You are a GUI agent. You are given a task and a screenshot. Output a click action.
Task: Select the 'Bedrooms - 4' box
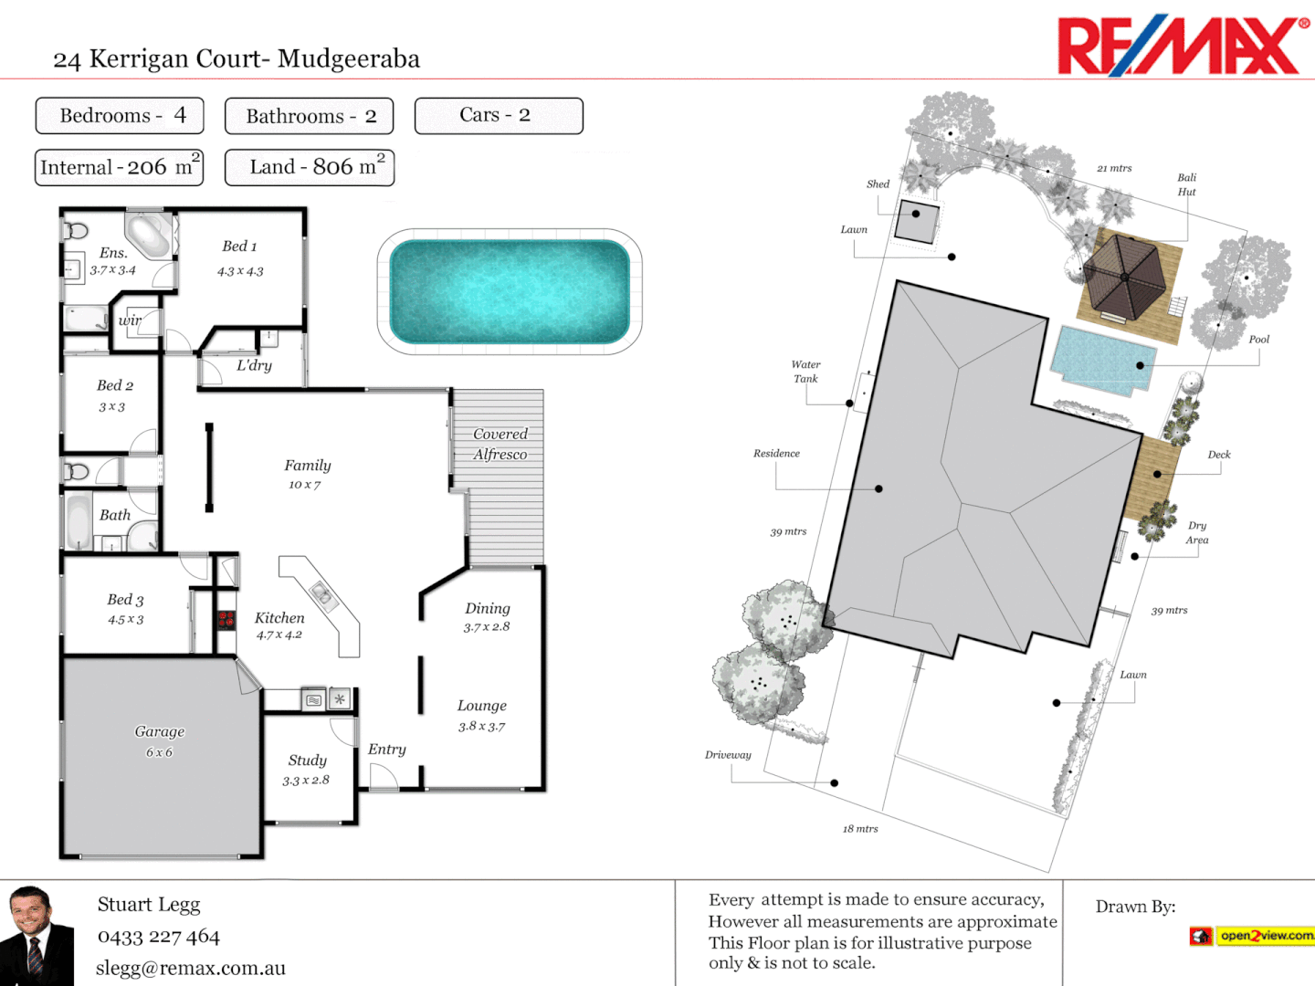pos(120,116)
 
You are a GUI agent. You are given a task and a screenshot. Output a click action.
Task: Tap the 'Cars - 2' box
pos(498,116)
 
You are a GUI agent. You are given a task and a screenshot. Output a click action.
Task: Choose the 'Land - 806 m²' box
pos(310,168)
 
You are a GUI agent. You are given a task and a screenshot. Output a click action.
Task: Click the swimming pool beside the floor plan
pos(510,291)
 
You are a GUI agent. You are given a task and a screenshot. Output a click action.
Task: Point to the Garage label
pos(160,732)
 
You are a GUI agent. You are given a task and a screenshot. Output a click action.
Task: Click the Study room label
pos(307,760)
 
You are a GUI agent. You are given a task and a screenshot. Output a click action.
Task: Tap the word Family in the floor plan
pos(308,466)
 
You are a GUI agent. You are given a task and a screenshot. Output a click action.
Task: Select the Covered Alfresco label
pos(500,444)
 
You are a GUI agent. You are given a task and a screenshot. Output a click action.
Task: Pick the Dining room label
pos(488,609)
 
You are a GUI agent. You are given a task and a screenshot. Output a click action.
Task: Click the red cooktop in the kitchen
pos(226,620)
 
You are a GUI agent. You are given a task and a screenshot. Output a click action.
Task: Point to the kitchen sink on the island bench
pos(322,594)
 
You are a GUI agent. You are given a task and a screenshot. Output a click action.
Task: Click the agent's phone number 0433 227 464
pos(159,937)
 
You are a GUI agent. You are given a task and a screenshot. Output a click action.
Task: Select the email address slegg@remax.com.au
pos(191,969)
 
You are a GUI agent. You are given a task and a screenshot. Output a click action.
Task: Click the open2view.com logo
pos(1253,936)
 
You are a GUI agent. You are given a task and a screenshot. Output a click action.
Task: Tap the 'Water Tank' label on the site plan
pos(805,372)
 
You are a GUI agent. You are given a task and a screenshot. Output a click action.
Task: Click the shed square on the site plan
pos(916,221)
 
